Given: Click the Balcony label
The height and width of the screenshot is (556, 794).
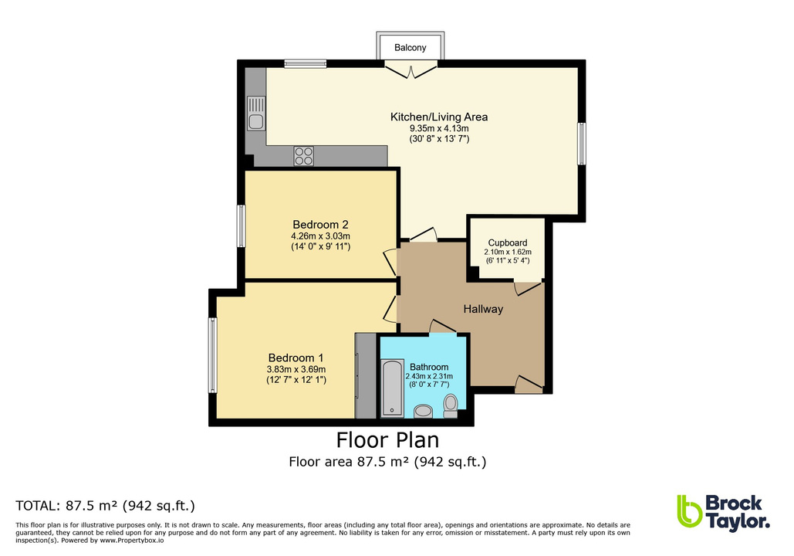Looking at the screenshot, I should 410,48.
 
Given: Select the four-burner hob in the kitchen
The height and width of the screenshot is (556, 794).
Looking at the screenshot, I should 304,155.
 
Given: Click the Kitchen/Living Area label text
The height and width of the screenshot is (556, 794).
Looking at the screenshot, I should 438,117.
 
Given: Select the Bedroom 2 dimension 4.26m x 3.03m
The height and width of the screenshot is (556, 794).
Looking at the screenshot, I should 320,236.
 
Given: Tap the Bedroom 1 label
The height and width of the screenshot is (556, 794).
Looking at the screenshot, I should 296,358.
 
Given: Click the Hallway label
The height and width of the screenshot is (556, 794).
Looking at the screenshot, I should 483,309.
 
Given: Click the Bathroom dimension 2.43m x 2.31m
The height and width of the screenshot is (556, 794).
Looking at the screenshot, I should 429,376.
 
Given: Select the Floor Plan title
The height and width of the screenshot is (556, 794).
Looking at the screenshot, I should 387,440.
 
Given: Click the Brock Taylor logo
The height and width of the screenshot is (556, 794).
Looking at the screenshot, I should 723,511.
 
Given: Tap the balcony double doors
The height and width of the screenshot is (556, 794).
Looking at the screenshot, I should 411,71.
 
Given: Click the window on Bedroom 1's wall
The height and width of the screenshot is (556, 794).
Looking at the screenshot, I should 212,356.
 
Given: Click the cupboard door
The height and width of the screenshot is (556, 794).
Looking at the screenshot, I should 528,287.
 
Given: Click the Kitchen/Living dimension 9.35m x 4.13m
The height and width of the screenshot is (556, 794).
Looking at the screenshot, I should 438,128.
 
